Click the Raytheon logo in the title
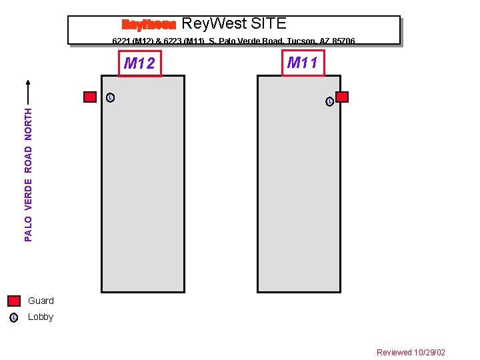148,25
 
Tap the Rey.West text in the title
210,24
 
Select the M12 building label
139,64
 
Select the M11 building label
303,63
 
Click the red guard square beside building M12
90,97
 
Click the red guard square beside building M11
342,97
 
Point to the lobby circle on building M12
110,98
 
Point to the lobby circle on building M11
329,101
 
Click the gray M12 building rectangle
143,193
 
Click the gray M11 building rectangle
299,193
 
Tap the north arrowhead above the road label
28,84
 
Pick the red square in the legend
14,301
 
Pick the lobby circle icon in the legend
14,317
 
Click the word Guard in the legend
41,301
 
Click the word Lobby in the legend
41,317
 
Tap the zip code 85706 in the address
341,41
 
